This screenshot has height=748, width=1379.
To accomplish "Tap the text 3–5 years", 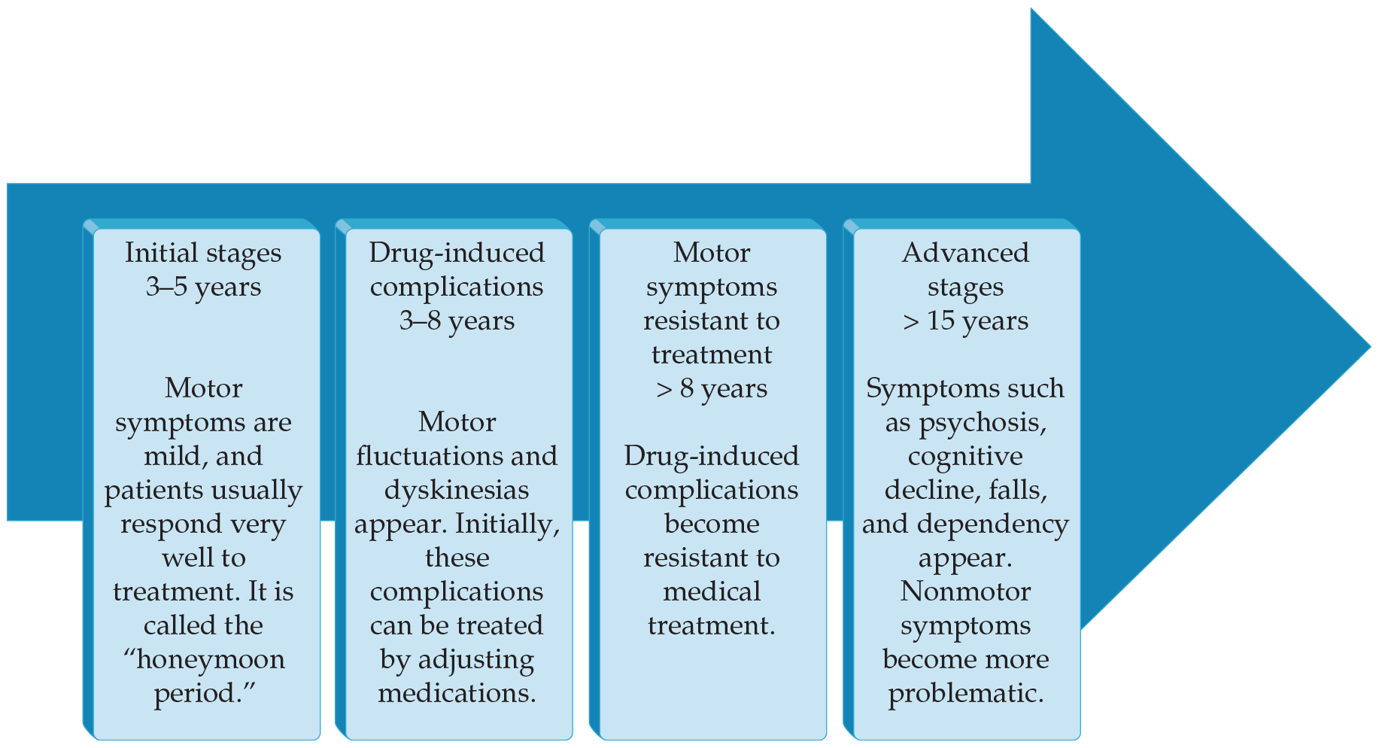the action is tap(203, 287).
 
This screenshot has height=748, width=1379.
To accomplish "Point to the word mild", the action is tap(172, 457).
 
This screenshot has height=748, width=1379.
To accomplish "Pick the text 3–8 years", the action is tap(457, 321).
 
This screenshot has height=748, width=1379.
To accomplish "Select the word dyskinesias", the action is tap(457, 491).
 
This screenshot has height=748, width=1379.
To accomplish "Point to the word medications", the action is tap(457, 693).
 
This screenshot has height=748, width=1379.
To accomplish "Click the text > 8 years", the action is tap(712, 389).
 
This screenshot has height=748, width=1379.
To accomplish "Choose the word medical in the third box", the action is tap(712, 591).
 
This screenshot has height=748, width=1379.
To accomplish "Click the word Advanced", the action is tap(965, 253).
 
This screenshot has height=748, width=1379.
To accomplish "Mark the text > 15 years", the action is tap(965, 321).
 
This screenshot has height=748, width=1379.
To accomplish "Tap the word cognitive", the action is tap(965, 457).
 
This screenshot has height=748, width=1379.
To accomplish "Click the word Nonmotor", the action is tap(965, 591).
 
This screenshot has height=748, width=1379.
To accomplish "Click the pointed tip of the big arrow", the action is tap(1371, 348).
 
